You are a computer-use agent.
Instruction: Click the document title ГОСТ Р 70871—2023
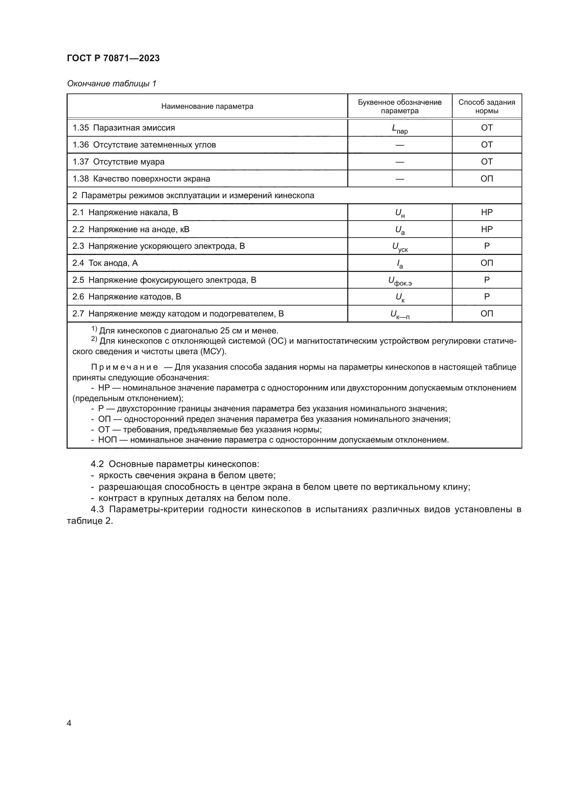coord(113,58)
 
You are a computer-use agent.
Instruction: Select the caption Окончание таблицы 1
coord(111,84)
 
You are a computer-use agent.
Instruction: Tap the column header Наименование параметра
coord(207,106)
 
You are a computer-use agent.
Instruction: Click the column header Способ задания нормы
coord(487,106)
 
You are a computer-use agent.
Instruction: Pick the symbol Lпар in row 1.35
coord(400,128)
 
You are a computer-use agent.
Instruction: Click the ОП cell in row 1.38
coord(487,179)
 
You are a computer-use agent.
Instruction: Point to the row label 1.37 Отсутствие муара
coord(118,162)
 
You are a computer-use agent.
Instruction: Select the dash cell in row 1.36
coord(400,145)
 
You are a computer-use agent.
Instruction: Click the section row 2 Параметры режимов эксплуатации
coord(193,196)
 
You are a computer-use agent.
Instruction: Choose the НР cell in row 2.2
coord(487,229)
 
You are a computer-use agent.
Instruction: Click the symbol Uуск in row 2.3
coord(400,246)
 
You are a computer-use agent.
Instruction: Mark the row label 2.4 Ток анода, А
coord(105,263)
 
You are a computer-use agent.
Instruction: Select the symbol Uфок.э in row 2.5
coord(400,280)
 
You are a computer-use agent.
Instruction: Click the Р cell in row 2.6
coord(487,297)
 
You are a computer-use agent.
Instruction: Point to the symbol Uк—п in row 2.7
coord(400,314)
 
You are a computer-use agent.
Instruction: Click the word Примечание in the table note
coord(125,367)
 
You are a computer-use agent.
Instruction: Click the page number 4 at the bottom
coord(69,723)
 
